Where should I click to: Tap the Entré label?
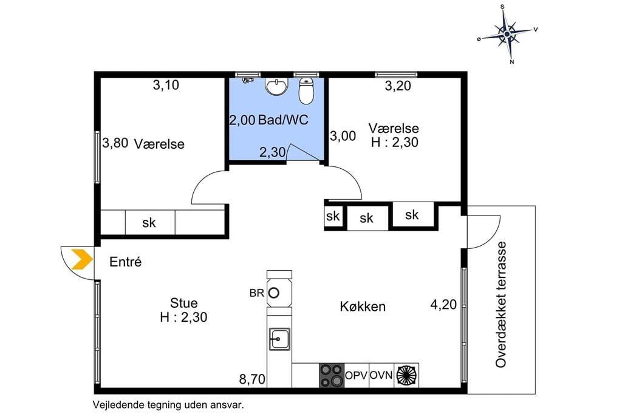pos(125,262)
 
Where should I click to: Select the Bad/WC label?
pos(283,120)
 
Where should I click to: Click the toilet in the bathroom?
pos(306,90)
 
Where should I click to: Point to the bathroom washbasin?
pos(276,87)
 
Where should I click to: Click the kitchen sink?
pos(279,339)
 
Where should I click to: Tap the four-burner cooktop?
pos(332,375)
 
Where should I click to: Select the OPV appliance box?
pos(356,375)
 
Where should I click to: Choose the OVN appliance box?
pos(381,375)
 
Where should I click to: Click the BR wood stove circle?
pos(274,293)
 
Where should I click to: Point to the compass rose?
pos(507,35)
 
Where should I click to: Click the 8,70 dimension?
pos(252,379)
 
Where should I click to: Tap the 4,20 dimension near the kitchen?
pos(443,305)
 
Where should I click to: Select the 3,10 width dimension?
pos(166,84)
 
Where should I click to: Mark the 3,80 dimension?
pos(115,143)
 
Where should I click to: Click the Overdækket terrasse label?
pos(501,305)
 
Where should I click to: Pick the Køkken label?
pos(363,307)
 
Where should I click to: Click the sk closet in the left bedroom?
pos(149,222)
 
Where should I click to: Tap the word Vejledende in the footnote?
pos(117,406)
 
